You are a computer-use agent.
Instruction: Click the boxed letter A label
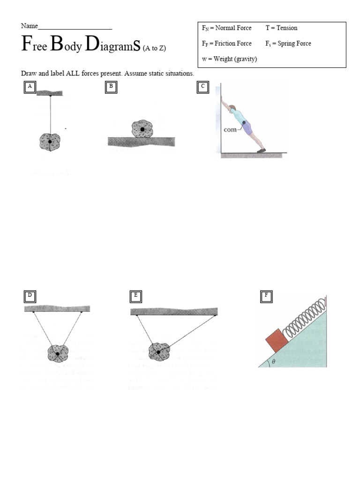click(x=30, y=87)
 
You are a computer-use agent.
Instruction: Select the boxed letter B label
click(x=111, y=87)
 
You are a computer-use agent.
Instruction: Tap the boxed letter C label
click(x=202, y=87)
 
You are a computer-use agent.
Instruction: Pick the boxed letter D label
click(x=30, y=295)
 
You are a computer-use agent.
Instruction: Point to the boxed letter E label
click(x=135, y=295)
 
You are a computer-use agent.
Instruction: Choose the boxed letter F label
click(x=266, y=295)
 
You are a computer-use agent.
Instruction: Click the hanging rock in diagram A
click(x=50, y=141)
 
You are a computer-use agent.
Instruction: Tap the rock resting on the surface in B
click(x=142, y=129)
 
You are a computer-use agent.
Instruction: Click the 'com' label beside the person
click(x=230, y=130)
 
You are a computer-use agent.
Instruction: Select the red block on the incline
click(x=276, y=340)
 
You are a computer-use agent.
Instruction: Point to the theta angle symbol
click(x=274, y=362)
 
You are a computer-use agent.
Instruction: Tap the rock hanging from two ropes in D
click(x=58, y=353)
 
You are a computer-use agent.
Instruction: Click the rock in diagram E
click(x=159, y=352)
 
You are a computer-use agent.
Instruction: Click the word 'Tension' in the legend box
click(x=287, y=28)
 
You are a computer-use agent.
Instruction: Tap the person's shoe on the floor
click(x=261, y=150)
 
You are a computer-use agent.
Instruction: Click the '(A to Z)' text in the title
click(x=154, y=48)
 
